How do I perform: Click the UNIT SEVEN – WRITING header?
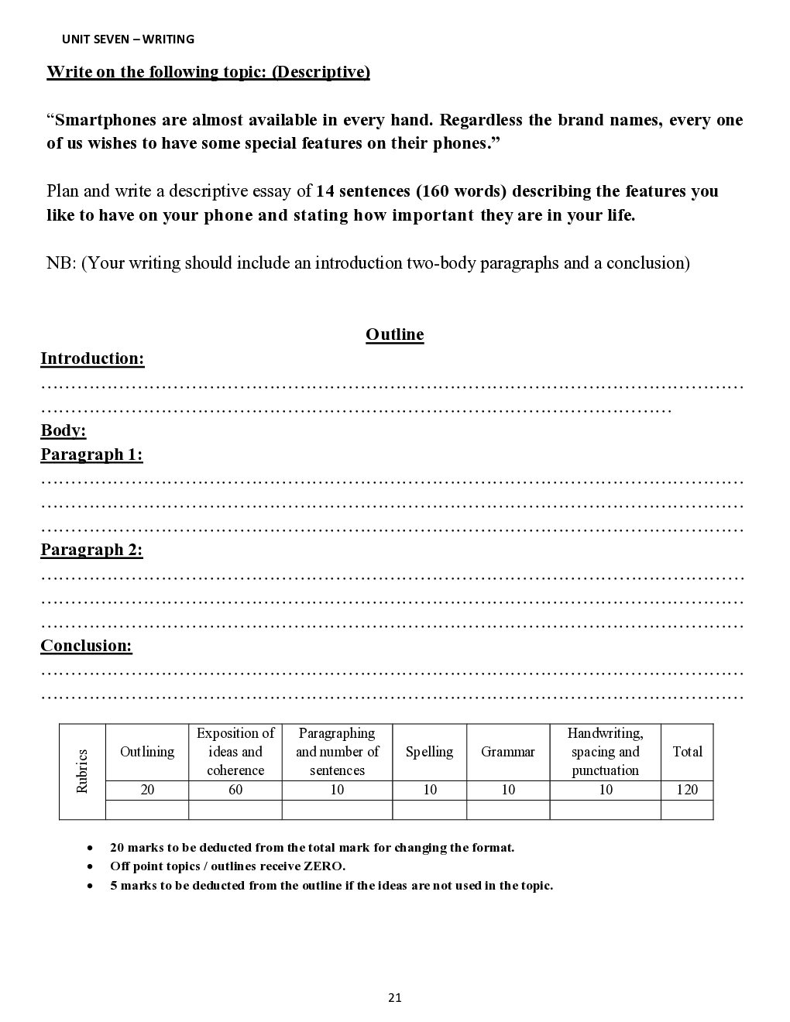point(128,39)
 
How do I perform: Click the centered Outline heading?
point(394,334)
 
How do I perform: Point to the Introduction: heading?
point(92,358)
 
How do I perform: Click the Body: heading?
point(64,430)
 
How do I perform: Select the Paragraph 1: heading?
point(91,454)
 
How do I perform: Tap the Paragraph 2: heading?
point(91,550)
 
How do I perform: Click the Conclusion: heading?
point(86,646)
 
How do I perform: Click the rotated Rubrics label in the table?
point(82,771)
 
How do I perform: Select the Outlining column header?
point(147,752)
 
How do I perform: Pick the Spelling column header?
point(429,752)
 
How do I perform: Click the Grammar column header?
point(507,752)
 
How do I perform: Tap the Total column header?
point(687,752)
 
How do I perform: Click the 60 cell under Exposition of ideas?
point(235,790)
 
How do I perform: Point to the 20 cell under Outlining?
point(147,790)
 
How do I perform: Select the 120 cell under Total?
point(687,790)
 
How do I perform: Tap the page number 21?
point(395,998)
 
